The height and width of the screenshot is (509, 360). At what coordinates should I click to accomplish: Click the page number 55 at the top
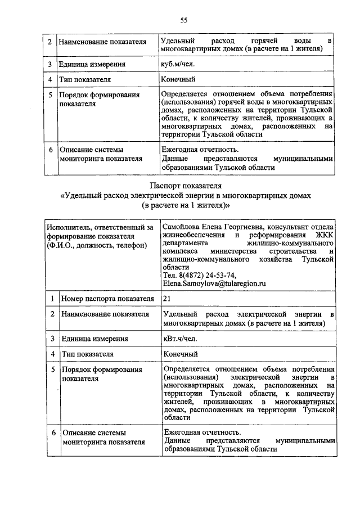point(183,21)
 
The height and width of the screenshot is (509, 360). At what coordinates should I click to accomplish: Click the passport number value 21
point(166,298)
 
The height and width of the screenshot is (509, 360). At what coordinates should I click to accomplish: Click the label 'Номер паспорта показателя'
point(107,298)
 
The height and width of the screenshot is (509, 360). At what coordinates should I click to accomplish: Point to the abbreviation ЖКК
point(324,235)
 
